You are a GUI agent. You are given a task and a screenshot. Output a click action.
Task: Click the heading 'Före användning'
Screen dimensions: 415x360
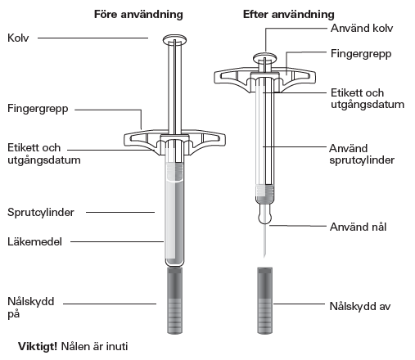click(138, 14)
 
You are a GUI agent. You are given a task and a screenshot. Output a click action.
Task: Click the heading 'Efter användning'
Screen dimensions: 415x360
click(289, 14)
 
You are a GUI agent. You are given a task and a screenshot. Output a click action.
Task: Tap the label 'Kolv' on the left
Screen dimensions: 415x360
click(18, 38)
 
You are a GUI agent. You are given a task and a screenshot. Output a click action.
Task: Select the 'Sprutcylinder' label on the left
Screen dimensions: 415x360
click(41, 212)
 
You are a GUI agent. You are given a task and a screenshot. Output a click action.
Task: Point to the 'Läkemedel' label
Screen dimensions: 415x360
click(34, 241)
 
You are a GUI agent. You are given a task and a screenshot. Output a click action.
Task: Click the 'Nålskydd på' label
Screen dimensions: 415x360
click(31, 308)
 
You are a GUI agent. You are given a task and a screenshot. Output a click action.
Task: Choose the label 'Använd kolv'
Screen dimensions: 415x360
click(362, 28)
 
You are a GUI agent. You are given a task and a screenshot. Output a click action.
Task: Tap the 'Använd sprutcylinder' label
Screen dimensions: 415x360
click(362, 154)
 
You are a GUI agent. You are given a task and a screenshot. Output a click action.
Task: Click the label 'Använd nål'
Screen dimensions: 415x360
click(358, 227)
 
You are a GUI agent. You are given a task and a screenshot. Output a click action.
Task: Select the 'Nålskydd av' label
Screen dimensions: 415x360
click(360, 306)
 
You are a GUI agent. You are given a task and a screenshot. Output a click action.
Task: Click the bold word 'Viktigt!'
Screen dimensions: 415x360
click(38, 346)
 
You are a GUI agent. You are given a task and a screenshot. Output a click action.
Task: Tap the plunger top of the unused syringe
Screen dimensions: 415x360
click(175, 40)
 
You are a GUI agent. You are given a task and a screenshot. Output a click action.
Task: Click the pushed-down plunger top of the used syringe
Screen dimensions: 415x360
click(264, 57)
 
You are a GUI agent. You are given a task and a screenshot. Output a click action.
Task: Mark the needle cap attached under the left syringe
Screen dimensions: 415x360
click(175, 300)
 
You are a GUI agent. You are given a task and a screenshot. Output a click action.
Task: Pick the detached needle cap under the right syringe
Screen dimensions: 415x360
click(265, 300)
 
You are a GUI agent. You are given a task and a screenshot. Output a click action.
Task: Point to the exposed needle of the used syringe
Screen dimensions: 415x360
click(264, 241)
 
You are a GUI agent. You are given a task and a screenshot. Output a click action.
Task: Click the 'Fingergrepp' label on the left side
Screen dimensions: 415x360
click(38, 109)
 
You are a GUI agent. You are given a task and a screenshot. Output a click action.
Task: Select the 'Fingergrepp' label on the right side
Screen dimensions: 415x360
click(361, 54)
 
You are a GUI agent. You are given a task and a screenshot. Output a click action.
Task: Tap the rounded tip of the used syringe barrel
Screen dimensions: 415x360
click(264, 214)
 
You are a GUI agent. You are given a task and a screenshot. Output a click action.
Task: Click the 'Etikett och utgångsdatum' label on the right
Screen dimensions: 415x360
click(368, 98)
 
